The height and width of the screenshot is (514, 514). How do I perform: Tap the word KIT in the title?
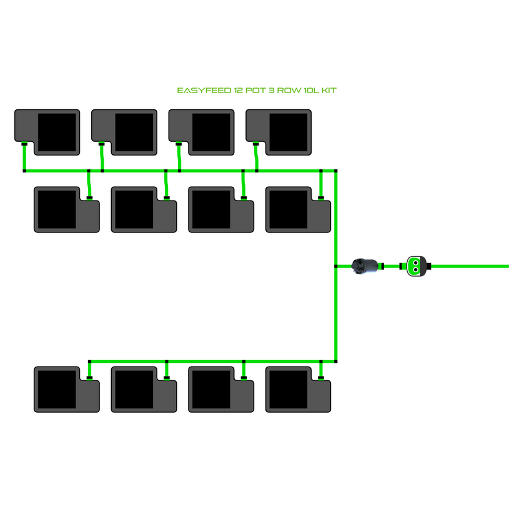[x=329, y=91]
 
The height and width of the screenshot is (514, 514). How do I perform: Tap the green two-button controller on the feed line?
[x=415, y=266]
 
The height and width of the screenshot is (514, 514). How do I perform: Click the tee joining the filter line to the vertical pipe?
[x=336, y=266]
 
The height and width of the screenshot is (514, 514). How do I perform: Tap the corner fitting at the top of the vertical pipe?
[x=336, y=170]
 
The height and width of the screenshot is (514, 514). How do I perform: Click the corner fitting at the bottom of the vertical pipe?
[x=336, y=361]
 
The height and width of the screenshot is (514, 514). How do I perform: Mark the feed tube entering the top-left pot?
[x=24, y=156]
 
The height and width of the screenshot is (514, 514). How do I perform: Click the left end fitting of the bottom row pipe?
[x=90, y=362]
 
